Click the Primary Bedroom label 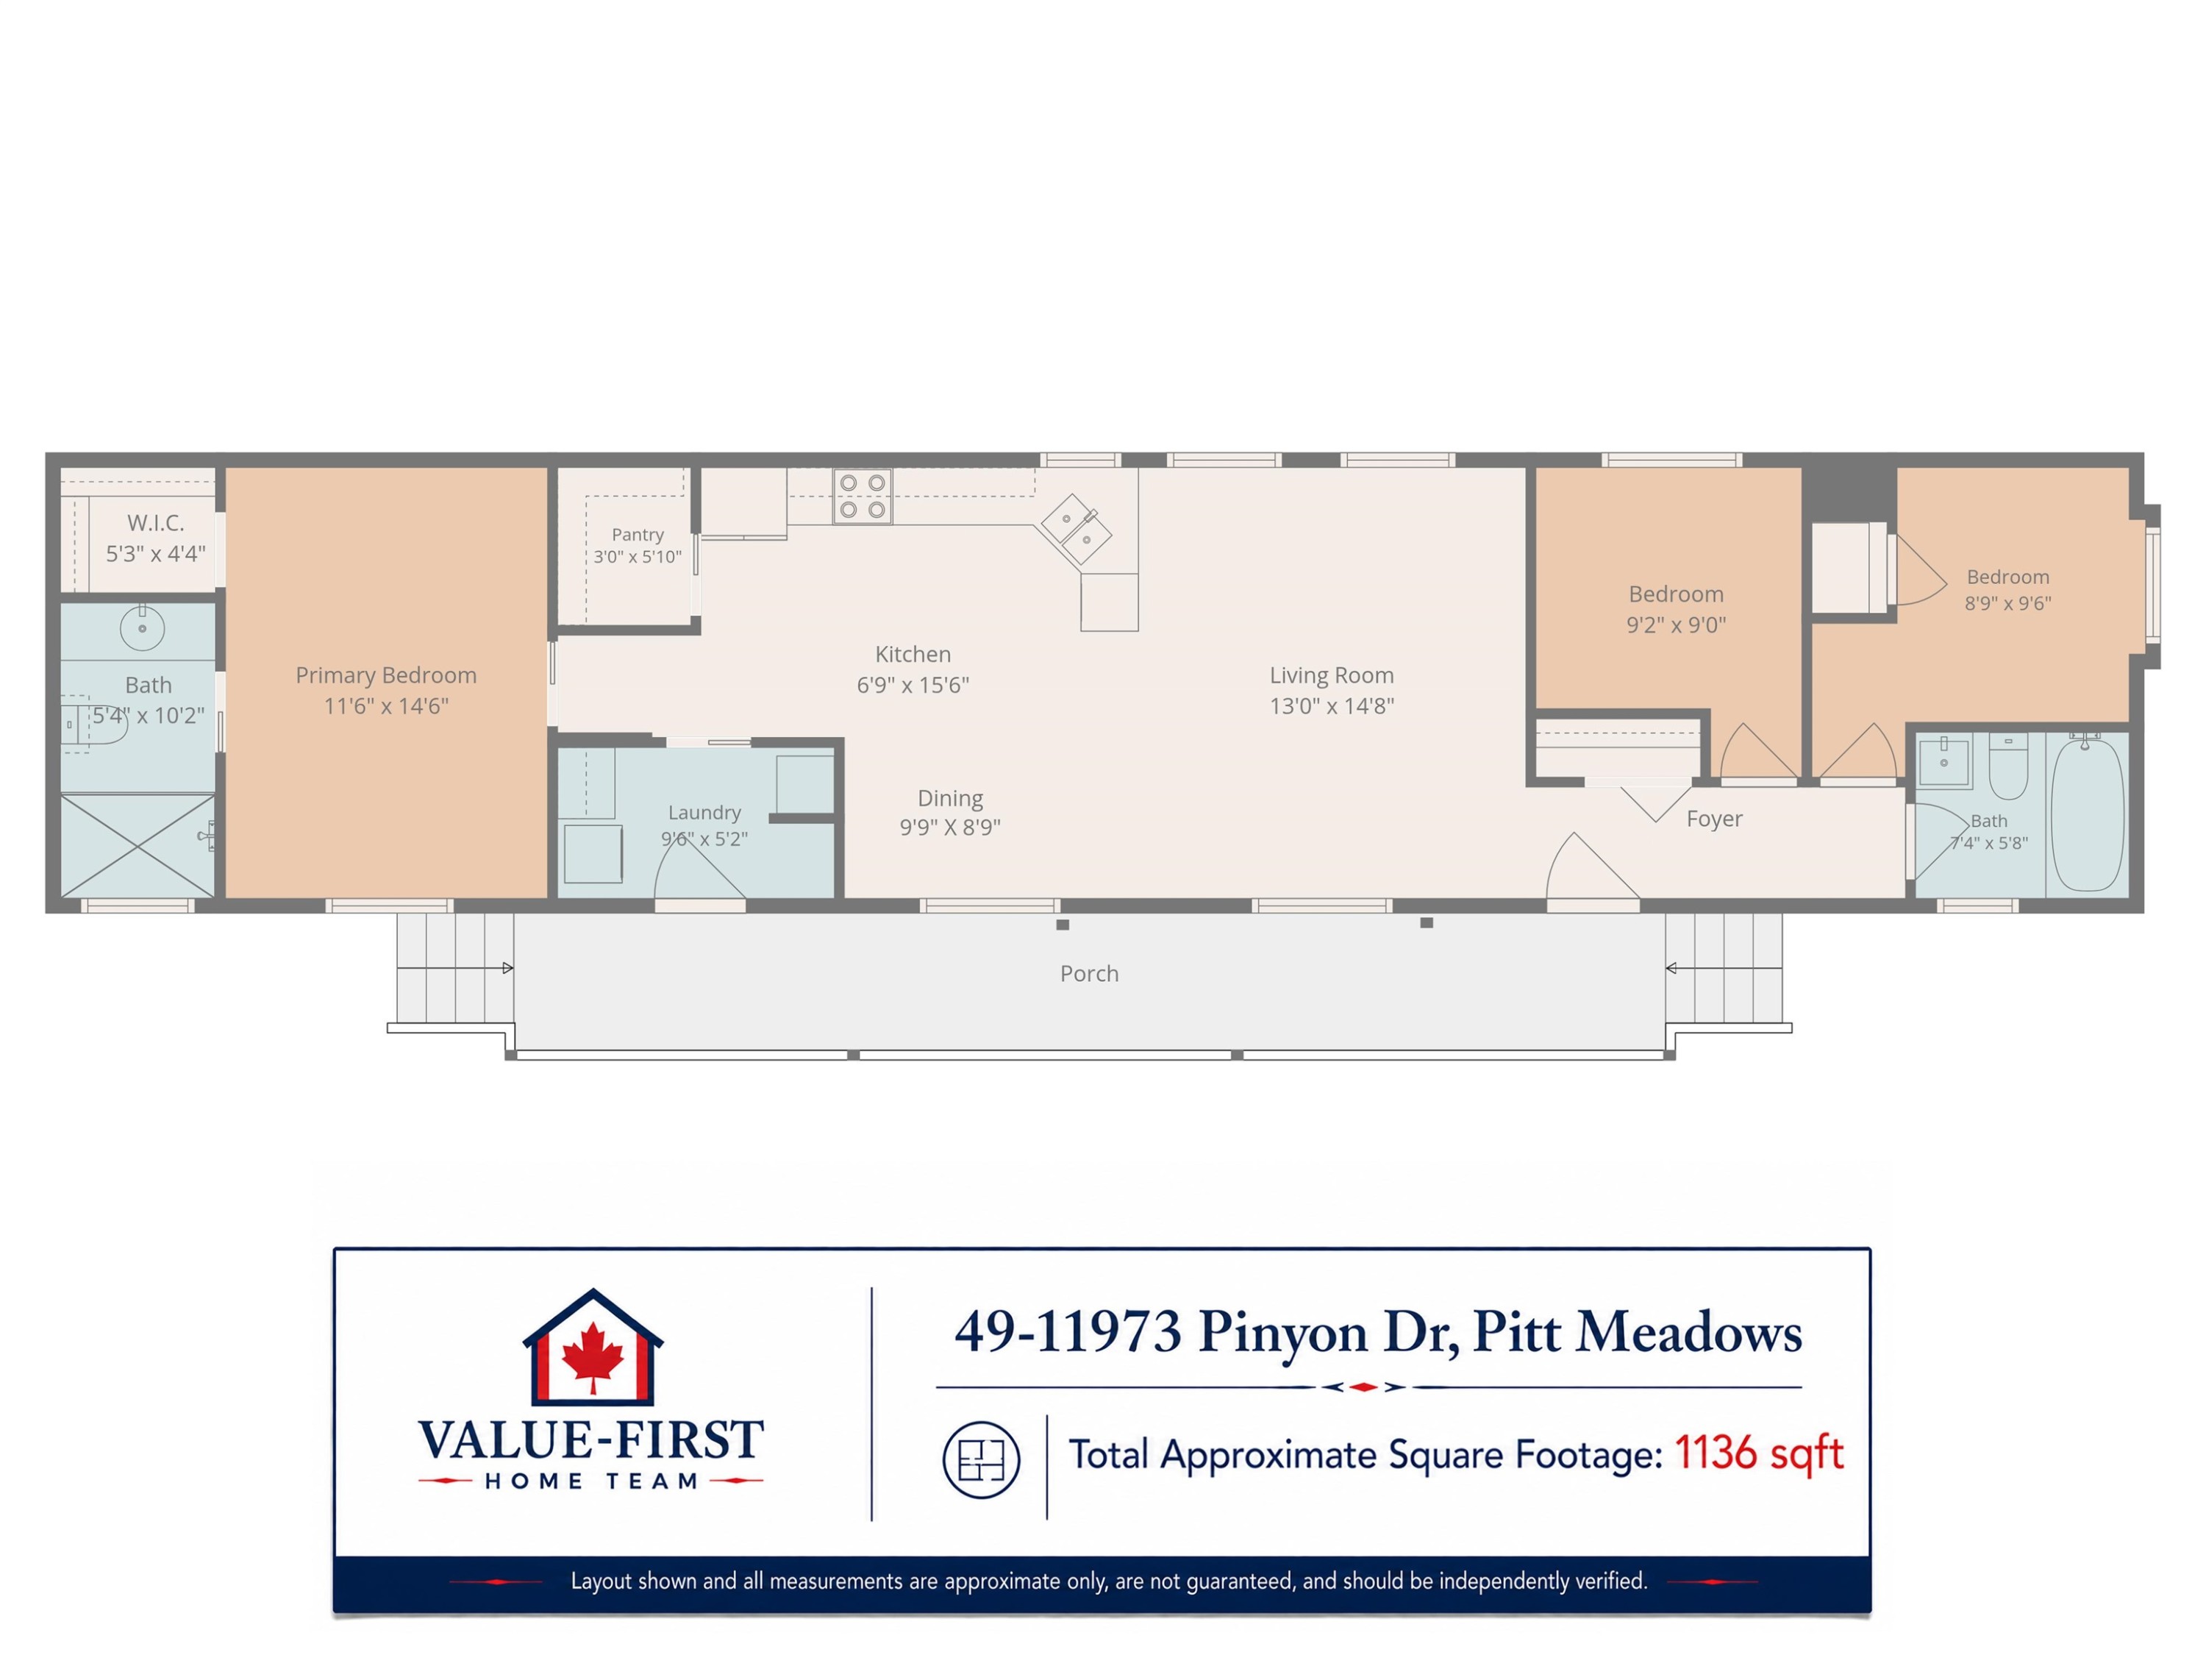click(x=386, y=675)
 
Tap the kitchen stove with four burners click(x=863, y=496)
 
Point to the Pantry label click(x=638, y=535)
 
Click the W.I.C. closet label click(x=156, y=523)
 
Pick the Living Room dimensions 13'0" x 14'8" click(x=1332, y=706)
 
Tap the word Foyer click(x=1714, y=819)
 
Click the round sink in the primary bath click(x=143, y=628)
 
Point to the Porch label click(x=1089, y=974)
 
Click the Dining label click(x=950, y=798)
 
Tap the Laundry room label click(x=704, y=813)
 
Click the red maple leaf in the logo click(x=593, y=1356)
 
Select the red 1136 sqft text click(x=1758, y=1453)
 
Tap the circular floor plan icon click(x=982, y=1459)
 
